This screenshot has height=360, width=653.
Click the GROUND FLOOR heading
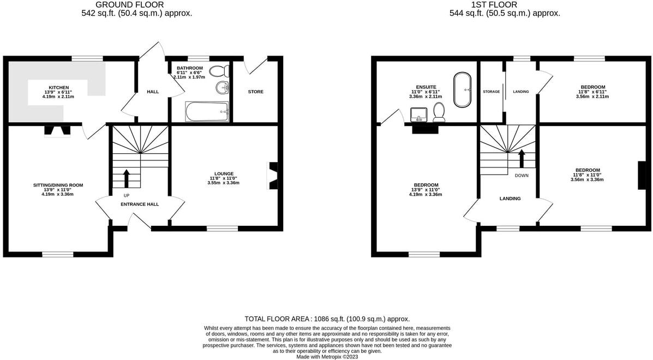tap(129, 5)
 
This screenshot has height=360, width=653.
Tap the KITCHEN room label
tap(59, 88)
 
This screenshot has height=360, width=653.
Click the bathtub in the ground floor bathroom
tap(207, 112)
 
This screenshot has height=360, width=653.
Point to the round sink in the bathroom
tap(222, 88)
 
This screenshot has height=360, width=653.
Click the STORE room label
tap(255, 92)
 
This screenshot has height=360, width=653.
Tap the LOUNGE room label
tap(224, 173)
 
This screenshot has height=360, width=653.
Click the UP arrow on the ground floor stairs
tap(127, 178)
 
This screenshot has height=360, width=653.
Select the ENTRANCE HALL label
tap(140, 204)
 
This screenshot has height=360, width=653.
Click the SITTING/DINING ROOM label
tap(58, 185)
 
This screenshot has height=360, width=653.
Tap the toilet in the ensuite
tap(439, 112)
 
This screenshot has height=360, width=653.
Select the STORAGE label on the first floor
tap(491, 92)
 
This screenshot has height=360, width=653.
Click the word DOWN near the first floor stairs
tap(522, 176)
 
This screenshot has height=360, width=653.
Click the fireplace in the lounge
tap(272, 176)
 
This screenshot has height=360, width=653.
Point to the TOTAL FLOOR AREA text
tap(327, 319)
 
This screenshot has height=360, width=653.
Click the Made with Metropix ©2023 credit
tap(327, 357)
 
